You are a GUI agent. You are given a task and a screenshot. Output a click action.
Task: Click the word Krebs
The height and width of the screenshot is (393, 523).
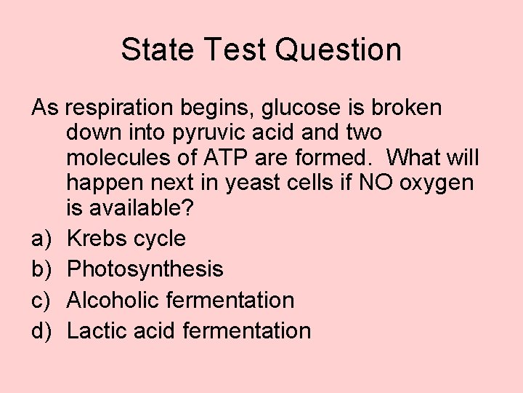pos(97,239)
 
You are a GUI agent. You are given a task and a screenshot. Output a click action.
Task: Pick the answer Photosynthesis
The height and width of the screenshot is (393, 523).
pos(145,269)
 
